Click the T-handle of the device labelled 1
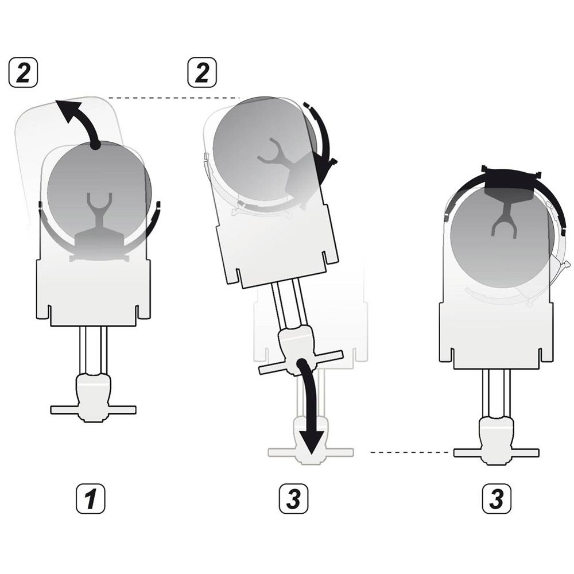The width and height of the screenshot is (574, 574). pyautogui.click(x=93, y=409)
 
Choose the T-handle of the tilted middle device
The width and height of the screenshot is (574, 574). pyautogui.click(x=300, y=362)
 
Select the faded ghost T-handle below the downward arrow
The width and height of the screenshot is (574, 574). pyautogui.click(x=311, y=452)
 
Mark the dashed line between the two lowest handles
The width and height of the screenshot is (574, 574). pyautogui.click(x=410, y=452)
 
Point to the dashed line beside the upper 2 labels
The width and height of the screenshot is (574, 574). pyautogui.click(x=172, y=98)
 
